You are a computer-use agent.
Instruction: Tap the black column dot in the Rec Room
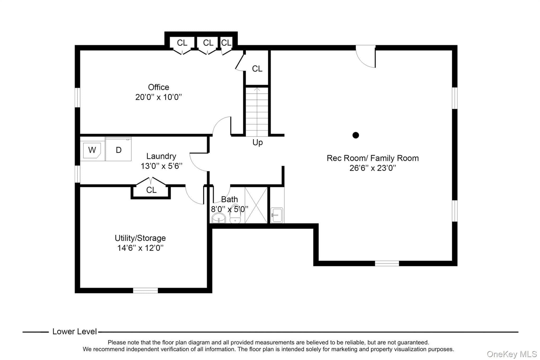pyautogui.click(x=356, y=135)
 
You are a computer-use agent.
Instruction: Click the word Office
pyautogui.click(x=158, y=87)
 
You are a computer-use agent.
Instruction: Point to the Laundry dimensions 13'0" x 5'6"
pyautogui.click(x=161, y=166)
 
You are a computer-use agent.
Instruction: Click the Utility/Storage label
pyautogui.click(x=140, y=238)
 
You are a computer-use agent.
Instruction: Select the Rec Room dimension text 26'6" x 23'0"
pyautogui.click(x=373, y=168)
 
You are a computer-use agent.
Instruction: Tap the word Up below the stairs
pyautogui.click(x=258, y=143)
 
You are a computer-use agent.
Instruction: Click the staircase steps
pyautogui.click(x=257, y=112)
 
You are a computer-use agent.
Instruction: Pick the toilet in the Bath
pyautogui.click(x=235, y=214)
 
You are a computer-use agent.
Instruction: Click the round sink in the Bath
pyautogui.click(x=219, y=218)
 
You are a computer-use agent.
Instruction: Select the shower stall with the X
pyautogui.click(x=256, y=205)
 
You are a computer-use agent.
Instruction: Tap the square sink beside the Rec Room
pyautogui.click(x=277, y=215)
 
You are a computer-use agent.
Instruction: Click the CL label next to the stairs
pyautogui.click(x=257, y=69)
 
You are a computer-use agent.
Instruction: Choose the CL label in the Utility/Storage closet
pyautogui.click(x=151, y=190)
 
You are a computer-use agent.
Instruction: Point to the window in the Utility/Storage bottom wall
pyautogui.click(x=145, y=290)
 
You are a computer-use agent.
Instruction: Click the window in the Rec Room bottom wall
pyautogui.click(x=387, y=263)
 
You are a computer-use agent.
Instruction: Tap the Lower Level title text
pyautogui.click(x=75, y=332)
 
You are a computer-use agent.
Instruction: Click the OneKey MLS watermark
pyautogui.click(x=512, y=354)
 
